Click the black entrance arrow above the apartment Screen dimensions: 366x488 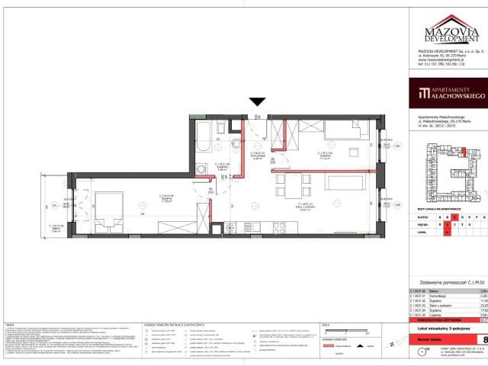258,101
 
